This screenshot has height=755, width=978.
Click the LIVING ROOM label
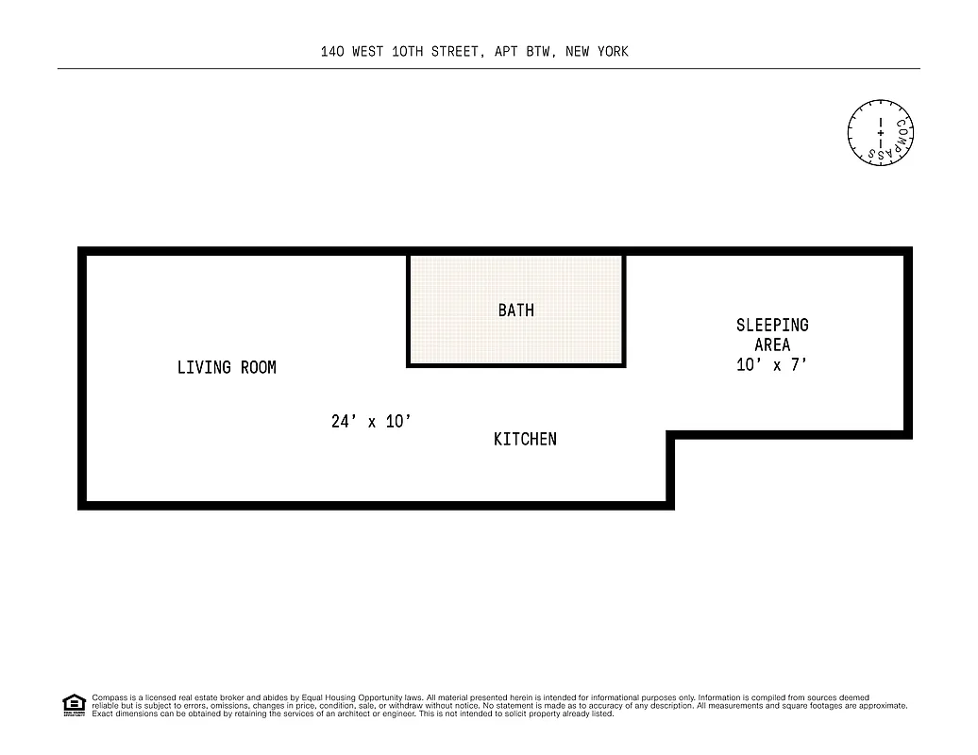pyautogui.click(x=227, y=367)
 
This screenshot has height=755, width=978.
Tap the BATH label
pyautogui.click(x=515, y=310)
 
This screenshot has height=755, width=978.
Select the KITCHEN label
pyautogui.click(x=525, y=439)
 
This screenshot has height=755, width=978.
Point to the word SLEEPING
pyautogui.click(x=772, y=325)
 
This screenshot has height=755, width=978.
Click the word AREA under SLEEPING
pyautogui.click(x=772, y=344)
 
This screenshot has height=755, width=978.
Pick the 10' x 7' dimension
pyautogui.click(x=772, y=364)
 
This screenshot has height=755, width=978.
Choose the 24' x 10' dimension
pyautogui.click(x=371, y=422)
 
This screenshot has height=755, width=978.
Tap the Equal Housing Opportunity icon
pyautogui.click(x=74, y=705)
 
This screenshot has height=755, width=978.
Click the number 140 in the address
pyautogui.click(x=332, y=52)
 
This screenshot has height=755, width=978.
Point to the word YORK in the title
pyautogui.click(x=612, y=52)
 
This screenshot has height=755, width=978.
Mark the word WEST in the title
pyautogui.click(x=368, y=52)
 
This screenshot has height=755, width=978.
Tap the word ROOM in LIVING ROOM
pyautogui.click(x=258, y=367)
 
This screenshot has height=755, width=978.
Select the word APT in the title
pyautogui.click(x=504, y=52)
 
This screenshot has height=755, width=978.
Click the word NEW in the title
pyautogui.click(x=577, y=52)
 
